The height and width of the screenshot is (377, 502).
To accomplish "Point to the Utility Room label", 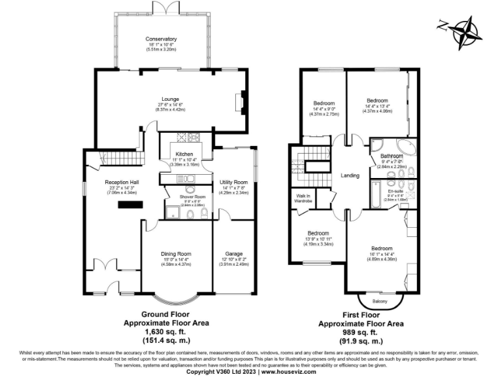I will [235, 182].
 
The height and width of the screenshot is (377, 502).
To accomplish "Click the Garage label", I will [234, 255].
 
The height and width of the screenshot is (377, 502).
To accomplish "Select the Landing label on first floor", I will [351, 175].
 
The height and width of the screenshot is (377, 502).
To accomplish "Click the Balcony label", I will [378, 301].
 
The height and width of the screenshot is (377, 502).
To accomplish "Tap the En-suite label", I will [395, 191].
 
